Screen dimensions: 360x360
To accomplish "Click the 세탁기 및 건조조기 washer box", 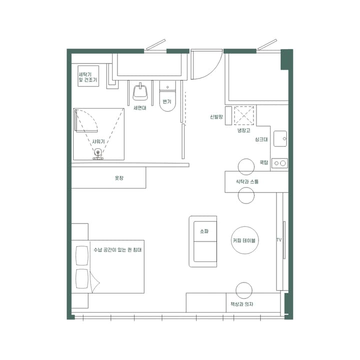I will [x=88, y=76].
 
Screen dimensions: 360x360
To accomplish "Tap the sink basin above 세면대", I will [x=140, y=92].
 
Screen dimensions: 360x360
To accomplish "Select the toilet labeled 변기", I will [x=167, y=100].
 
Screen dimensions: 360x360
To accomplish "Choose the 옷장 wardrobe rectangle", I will [x=108, y=177].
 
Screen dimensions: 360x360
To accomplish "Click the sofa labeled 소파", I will [x=203, y=241].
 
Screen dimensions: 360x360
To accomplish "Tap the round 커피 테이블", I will [x=244, y=240].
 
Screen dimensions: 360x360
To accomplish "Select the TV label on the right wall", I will [x=279, y=240].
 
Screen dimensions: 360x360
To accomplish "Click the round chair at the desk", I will [x=244, y=290].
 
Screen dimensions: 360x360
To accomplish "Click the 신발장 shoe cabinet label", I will [x=215, y=116].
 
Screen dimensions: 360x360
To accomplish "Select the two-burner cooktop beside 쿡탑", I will [x=280, y=163].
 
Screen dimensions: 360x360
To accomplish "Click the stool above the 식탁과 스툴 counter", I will [x=246, y=165].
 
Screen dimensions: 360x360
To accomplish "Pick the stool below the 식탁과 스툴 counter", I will [x=246, y=197].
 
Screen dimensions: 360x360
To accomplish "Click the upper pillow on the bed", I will [x=81, y=256].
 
